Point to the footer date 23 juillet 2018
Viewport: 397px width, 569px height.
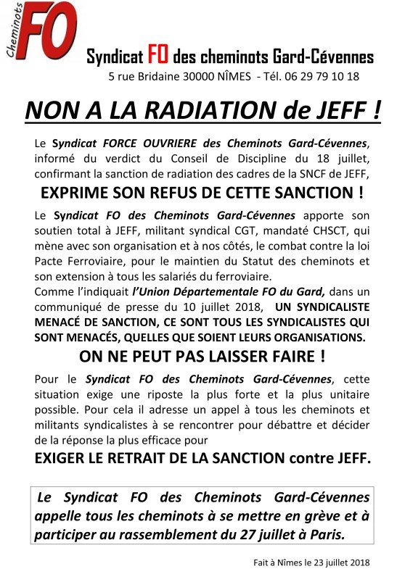click(x=340, y=562)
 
